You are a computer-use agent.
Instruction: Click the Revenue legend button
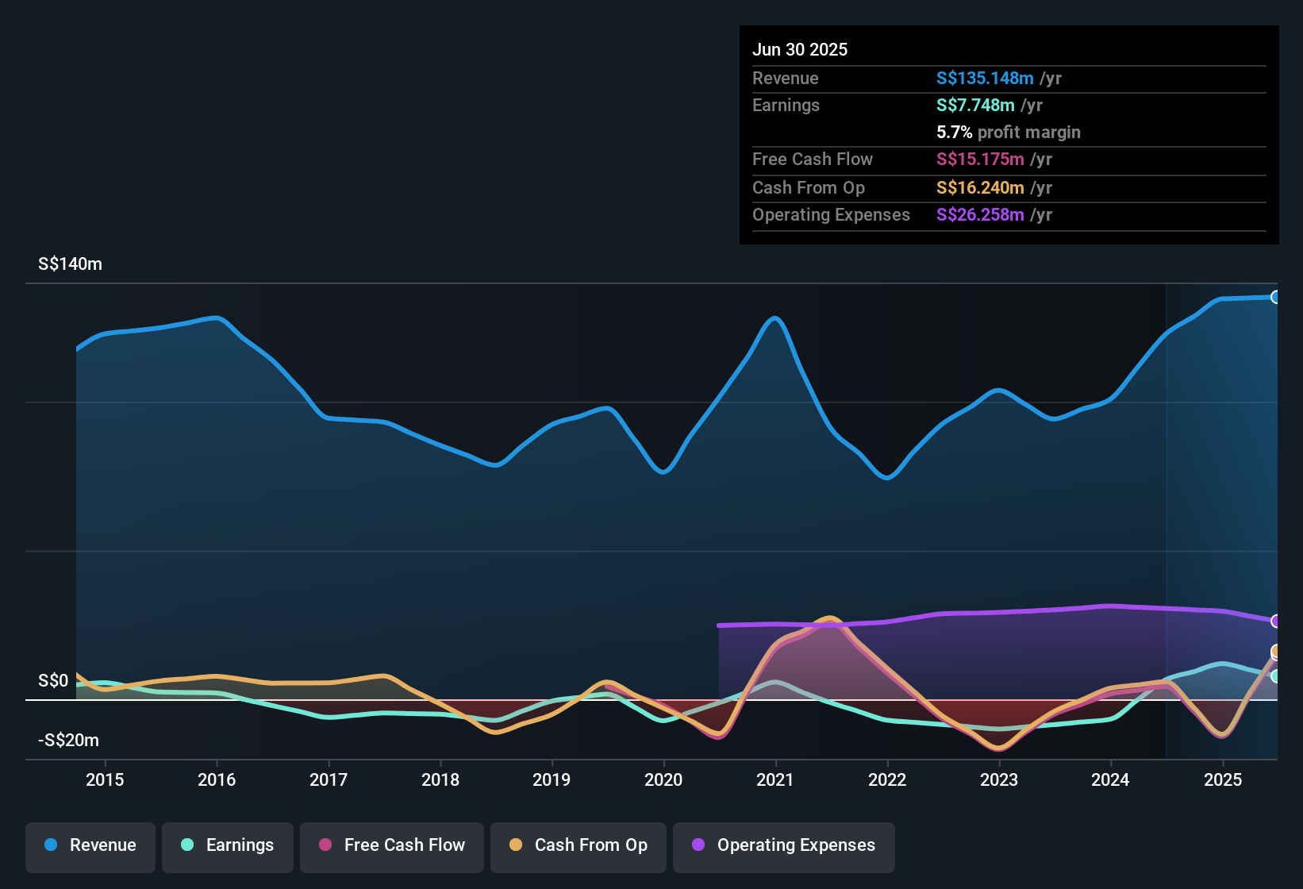pyautogui.click(x=90, y=845)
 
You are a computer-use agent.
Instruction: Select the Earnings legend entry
pyautogui.click(x=228, y=845)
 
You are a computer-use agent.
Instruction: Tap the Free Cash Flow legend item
pyautogui.click(x=392, y=845)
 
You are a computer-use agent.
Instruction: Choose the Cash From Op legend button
pyautogui.click(x=578, y=845)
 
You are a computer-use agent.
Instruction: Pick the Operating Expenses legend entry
pyautogui.click(x=784, y=845)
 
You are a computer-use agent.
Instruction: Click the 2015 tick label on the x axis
pyautogui.click(x=105, y=779)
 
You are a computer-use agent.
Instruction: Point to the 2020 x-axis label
pyautogui.click(x=663, y=779)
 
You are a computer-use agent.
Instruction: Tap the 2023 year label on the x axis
pyautogui.click(x=999, y=779)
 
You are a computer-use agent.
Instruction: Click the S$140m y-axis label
pyautogui.click(x=70, y=264)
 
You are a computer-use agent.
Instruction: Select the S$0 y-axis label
pyautogui.click(x=53, y=681)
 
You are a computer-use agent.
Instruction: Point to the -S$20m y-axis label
pyautogui.click(x=68, y=741)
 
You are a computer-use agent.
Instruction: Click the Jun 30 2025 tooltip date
pyautogui.click(x=800, y=50)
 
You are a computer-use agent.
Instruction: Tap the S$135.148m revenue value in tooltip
pyautogui.click(x=985, y=79)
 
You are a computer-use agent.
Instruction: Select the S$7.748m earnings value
pyautogui.click(x=975, y=106)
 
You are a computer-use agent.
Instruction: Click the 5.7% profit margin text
pyautogui.click(x=1008, y=133)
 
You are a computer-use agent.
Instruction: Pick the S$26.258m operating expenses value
pyautogui.click(x=980, y=215)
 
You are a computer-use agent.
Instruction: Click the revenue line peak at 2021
pyautogui.click(x=775, y=318)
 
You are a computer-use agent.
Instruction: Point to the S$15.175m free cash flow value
pyautogui.click(x=980, y=160)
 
